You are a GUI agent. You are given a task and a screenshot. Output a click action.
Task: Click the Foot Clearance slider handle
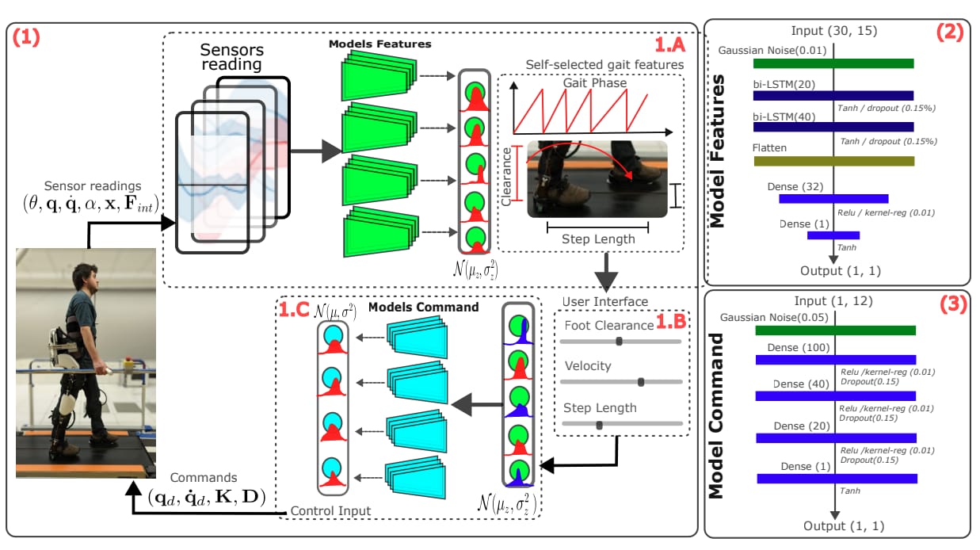pos(619,342)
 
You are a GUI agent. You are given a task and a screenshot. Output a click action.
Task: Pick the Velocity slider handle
pos(641,382)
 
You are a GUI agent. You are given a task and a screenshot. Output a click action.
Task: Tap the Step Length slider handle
pos(599,425)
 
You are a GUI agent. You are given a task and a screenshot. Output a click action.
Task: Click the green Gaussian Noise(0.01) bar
pos(833,63)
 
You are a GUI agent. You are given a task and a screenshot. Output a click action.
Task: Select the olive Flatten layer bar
pos(833,161)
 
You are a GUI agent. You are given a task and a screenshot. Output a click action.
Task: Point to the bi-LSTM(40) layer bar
pos(833,127)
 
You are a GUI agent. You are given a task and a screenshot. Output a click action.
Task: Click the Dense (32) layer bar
pos(833,199)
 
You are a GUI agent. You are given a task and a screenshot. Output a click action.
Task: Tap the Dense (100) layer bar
pos(836,360)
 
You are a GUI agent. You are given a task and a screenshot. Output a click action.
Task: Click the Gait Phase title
pos(595,82)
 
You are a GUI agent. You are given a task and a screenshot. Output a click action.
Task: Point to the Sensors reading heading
pos(231,56)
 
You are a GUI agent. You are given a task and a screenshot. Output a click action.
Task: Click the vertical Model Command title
pos(717,415)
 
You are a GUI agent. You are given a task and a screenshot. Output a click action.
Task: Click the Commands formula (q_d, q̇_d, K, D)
pos(207,495)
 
